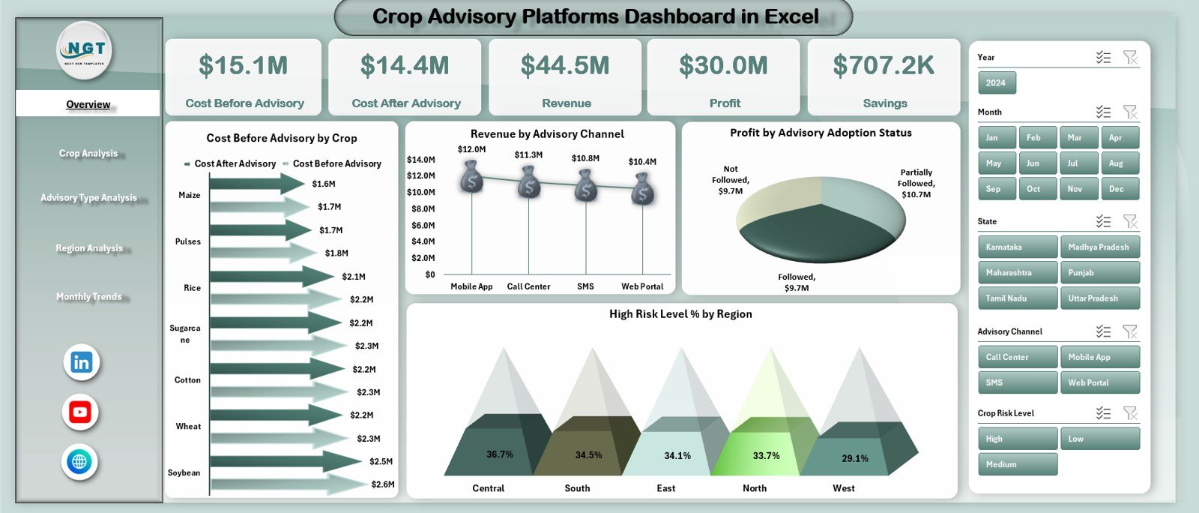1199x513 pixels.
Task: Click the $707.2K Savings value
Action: point(884,66)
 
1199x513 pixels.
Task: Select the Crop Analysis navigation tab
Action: point(88,153)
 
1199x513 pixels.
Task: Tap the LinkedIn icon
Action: point(81,363)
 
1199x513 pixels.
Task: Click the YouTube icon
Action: point(80,412)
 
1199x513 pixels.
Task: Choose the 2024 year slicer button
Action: point(996,83)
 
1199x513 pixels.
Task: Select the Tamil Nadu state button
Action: point(1017,298)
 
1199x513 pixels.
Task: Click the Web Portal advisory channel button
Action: point(1099,382)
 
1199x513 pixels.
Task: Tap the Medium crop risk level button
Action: point(1017,464)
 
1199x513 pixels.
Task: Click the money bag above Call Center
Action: point(529,182)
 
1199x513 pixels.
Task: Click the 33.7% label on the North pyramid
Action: point(766,455)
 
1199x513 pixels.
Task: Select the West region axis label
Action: point(843,488)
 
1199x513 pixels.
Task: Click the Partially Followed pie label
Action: point(916,183)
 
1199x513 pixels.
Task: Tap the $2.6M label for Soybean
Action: point(382,484)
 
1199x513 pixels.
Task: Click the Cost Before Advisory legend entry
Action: point(336,163)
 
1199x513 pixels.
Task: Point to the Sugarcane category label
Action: point(184,334)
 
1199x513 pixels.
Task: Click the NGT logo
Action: point(85,50)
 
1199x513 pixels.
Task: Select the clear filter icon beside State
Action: point(1130,221)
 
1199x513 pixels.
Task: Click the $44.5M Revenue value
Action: point(565,66)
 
